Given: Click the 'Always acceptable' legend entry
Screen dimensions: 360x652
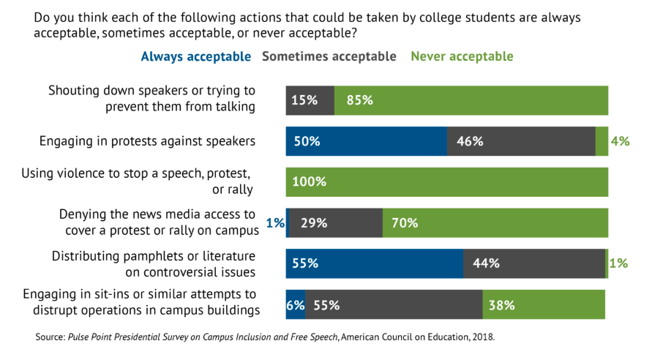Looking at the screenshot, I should [x=195, y=56].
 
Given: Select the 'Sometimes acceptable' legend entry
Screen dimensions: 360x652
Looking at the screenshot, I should [x=329, y=56].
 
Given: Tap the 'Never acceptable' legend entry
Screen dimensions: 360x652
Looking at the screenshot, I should [x=462, y=56].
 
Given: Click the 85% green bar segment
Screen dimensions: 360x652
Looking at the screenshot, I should [x=471, y=100].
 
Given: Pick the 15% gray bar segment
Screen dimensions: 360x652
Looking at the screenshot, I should [x=310, y=100].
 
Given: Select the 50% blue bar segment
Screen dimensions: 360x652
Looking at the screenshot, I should [x=366, y=141].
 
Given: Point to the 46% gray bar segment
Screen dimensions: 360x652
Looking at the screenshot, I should [x=521, y=141].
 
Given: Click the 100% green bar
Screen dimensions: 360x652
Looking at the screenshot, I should [x=446, y=182].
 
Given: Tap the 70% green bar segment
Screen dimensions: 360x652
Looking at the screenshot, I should [x=495, y=223].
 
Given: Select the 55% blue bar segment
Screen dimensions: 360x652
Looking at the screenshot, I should [x=374, y=263].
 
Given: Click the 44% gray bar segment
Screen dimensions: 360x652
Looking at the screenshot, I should [x=534, y=263].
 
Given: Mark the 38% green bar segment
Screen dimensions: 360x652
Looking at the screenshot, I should [x=544, y=304].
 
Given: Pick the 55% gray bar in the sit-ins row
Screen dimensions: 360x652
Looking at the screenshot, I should [x=394, y=304].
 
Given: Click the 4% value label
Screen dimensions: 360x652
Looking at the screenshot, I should [x=620, y=141].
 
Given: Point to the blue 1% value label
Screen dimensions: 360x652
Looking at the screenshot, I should [x=275, y=223].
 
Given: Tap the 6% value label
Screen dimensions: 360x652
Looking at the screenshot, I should [x=295, y=305].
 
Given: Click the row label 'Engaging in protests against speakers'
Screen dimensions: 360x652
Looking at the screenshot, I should [x=147, y=141].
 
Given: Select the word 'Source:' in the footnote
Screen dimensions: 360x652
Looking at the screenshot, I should [x=50, y=338].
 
